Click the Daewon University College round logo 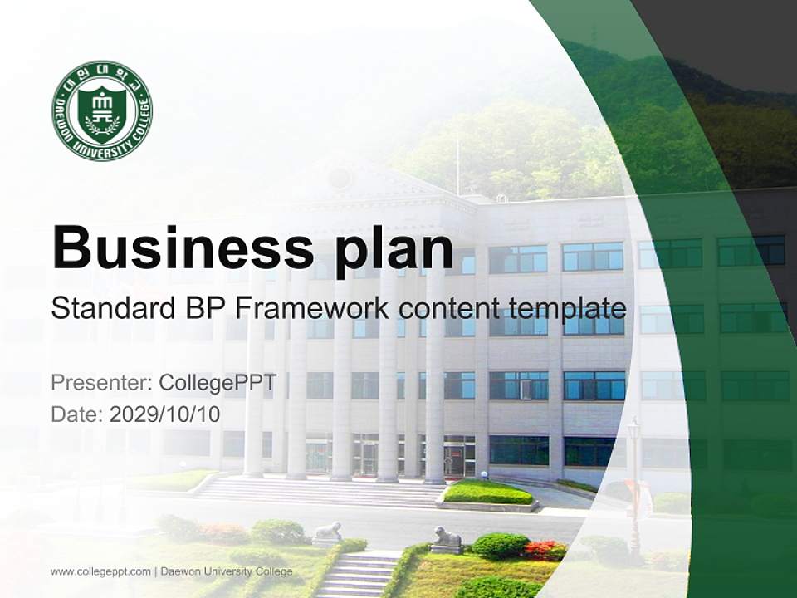(102, 110)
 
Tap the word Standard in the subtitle (110, 309)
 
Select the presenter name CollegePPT (217, 383)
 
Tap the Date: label (77, 414)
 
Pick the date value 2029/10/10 (164, 414)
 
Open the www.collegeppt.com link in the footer (100, 571)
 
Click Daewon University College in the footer (226, 571)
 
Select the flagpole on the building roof (457, 166)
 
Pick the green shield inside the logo (102, 110)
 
